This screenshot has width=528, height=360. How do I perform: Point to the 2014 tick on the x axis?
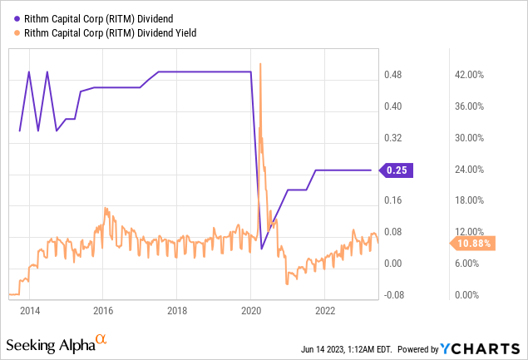[x=29, y=311]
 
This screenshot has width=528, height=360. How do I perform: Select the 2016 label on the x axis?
[x=103, y=311]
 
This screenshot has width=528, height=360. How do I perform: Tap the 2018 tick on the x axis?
[x=177, y=311]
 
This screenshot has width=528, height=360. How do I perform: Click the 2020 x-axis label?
[x=251, y=311]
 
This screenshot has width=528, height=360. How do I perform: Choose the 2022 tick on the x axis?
[x=325, y=311]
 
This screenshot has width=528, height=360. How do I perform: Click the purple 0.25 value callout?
[x=397, y=170]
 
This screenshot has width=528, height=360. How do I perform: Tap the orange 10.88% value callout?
[x=474, y=243]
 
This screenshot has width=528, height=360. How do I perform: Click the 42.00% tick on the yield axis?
[x=468, y=76]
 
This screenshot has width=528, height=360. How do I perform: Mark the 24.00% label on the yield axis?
[x=468, y=170]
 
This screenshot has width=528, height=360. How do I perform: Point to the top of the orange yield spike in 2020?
[x=261, y=63]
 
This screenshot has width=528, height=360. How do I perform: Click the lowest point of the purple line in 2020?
[x=262, y=249]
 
